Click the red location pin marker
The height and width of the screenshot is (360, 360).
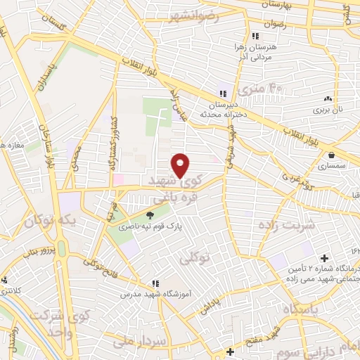[181, 165]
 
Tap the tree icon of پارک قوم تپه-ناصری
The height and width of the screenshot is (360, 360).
[149, 214]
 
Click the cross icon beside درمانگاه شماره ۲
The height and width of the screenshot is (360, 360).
[323, 258]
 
